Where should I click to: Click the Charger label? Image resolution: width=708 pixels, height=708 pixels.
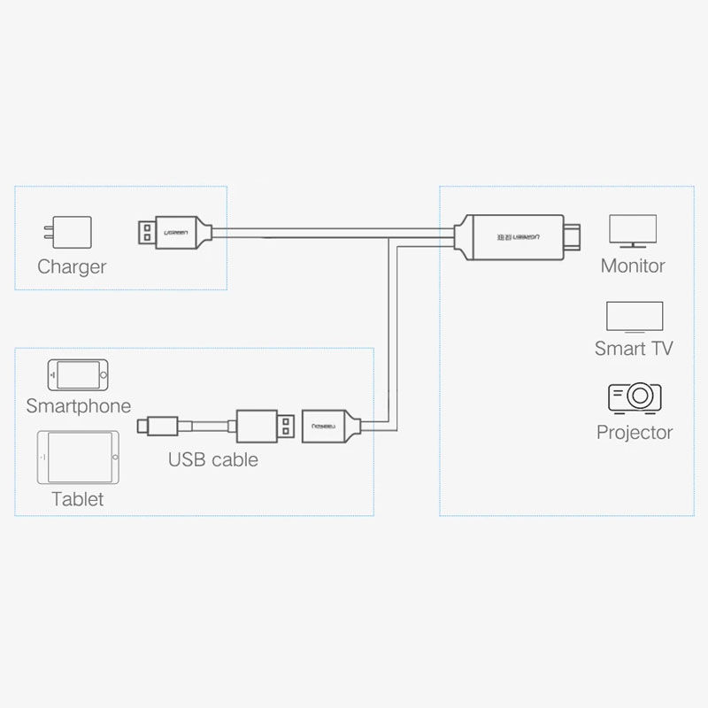72,267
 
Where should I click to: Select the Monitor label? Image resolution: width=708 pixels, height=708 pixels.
633,266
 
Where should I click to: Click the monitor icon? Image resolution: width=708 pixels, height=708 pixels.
633,231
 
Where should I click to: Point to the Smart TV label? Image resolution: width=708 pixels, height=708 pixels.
634,349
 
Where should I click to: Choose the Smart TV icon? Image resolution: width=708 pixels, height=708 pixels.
635,318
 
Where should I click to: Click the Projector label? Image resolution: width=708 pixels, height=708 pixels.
635,433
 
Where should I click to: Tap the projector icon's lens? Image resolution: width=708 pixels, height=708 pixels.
639,396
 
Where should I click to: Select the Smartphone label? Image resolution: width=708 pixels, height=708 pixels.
79,406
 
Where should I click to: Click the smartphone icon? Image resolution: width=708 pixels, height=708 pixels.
78,374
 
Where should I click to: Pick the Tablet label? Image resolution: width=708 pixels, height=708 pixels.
78,499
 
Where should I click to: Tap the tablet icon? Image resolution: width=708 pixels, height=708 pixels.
78,458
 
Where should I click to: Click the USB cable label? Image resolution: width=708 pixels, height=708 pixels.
213,459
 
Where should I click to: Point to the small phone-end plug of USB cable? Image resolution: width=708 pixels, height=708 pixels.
158,427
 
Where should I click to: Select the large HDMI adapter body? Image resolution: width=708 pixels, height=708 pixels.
515,237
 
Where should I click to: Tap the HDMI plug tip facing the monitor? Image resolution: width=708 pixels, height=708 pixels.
573,237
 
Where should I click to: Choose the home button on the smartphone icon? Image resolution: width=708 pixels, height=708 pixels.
104,374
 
